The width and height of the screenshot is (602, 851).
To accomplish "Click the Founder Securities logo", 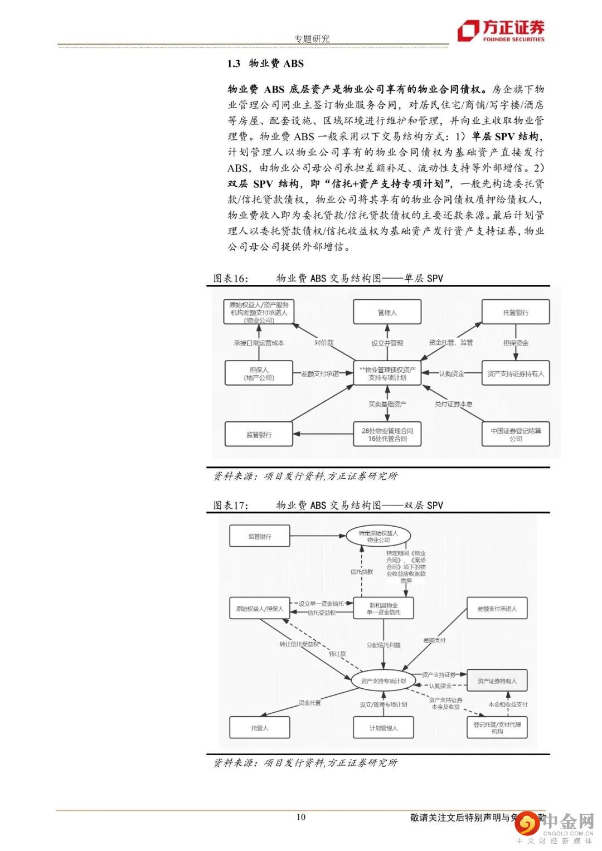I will click(x=501, y=32).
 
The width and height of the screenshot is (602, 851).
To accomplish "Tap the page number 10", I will click(x=301, y=817).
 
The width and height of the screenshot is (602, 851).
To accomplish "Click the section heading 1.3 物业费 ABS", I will click(x=265, y=64).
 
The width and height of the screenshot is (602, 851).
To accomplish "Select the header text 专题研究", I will click(x=312, y=38).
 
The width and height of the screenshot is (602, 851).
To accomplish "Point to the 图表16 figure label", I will click(x=230, y=278).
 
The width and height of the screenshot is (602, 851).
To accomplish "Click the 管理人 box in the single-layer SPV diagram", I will click(x=387, y=313).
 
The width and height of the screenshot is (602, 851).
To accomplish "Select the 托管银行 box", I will click(x=515, y=313).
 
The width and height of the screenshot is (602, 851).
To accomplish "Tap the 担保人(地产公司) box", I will click(x=259, y=373).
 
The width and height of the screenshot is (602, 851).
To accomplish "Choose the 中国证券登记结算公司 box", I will click(x=515, y=434).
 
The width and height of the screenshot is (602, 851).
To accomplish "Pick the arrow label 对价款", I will click(x=323, y=343).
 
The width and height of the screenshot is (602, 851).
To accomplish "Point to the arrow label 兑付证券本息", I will click(x=454, y=404).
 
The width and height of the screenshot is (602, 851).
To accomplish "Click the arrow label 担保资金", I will click(x=515, y=343).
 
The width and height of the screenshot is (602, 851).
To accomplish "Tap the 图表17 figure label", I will click(x=230, y=505).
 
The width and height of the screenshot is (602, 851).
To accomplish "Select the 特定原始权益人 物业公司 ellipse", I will click(x=378, y=536).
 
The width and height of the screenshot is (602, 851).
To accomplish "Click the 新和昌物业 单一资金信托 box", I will click(x=383, y=609).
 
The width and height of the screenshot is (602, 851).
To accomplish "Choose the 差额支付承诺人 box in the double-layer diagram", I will click(x=497, y=609).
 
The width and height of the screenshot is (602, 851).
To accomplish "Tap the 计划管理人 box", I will click(x=383, y=728).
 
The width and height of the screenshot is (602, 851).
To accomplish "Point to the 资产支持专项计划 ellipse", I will click(x=383, y=680).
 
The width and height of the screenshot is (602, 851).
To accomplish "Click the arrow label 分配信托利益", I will click(x=383, y=645).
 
